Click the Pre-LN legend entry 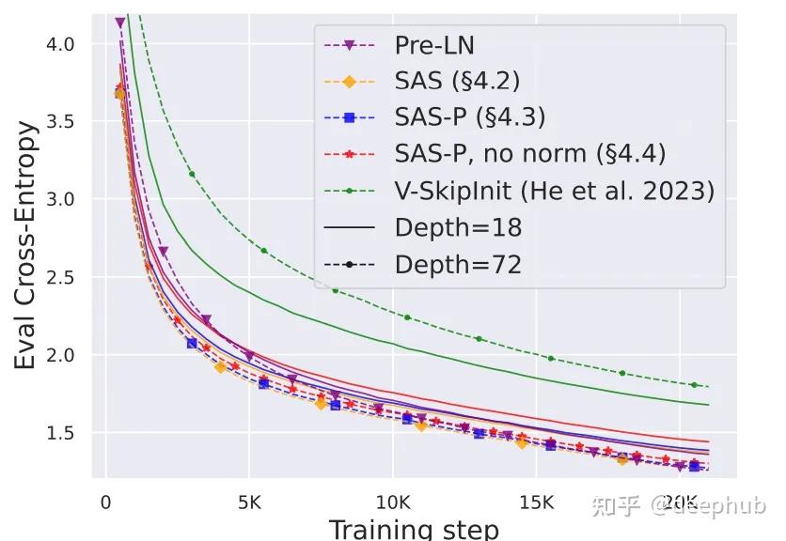(x=434, y=45)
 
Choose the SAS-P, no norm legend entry (x=530, y=155)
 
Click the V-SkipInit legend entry (x=554, y=192)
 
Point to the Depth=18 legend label (x=458, y=228)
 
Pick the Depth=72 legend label (x=458, y=265)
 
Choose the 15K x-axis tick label (x=536, y=502)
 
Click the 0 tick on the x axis (x=105, y=502)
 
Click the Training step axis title (x=414, y=528)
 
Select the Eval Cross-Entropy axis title (x=28, y=244)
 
